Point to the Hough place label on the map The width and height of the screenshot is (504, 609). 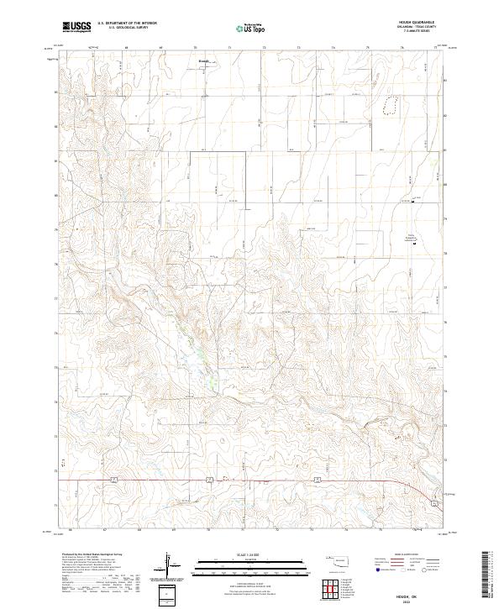(202, 60)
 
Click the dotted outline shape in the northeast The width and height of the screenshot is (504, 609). (389, 103)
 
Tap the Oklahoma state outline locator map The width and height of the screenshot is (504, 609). (342, 561)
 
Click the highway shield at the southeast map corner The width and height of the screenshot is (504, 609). (433, 502)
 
